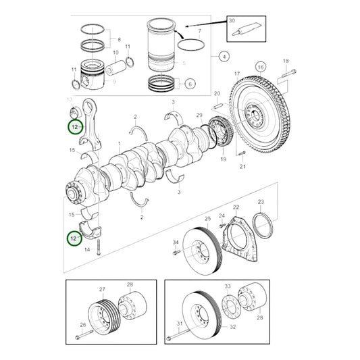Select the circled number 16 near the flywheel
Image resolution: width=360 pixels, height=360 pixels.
(x=260, y=68)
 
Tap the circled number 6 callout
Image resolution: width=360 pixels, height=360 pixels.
(x=189, y=84)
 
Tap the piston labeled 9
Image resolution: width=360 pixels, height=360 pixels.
(x=95, y=75)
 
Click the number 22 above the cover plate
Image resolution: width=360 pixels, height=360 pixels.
(x=235, y=207)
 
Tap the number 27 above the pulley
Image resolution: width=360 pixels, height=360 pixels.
(x=103, y=289)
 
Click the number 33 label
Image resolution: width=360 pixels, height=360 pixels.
(x=228, y=286)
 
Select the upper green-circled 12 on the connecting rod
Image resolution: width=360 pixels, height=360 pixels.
(x=74, y=127)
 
